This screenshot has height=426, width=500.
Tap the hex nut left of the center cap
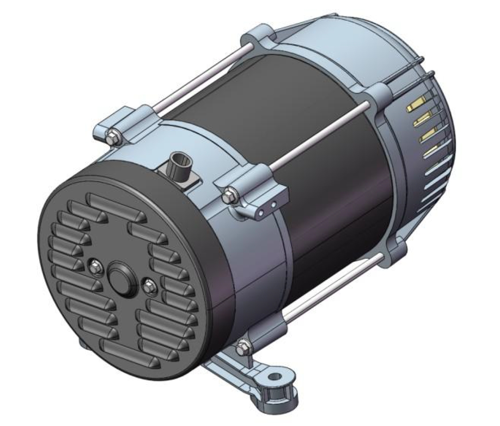(x=95, y=266)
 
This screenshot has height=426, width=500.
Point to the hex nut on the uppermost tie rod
(x=112, y=136)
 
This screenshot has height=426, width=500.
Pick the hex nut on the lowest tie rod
(x=242, y=349)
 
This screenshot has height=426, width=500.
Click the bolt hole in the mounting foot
(x=275, y=377)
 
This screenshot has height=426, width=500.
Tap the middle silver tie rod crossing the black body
(x=318, y=137)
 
